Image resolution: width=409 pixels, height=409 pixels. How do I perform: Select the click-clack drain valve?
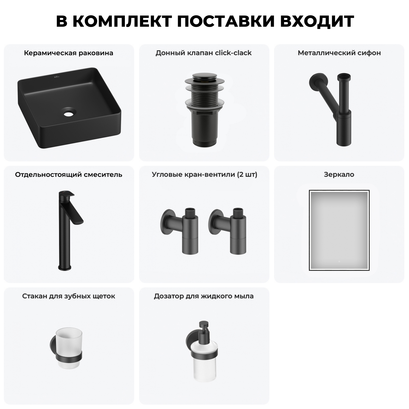click(x=204, y=109)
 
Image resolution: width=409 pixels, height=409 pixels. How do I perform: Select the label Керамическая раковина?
click(x=68, y=53)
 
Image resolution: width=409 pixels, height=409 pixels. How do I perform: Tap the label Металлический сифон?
click(x=339, y=53)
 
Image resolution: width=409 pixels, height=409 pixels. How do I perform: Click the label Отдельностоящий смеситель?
click(x=68, y=175)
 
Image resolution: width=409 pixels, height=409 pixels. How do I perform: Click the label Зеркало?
click(x=339, y=175)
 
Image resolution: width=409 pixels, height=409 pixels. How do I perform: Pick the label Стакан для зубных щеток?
click(x=68, y=296)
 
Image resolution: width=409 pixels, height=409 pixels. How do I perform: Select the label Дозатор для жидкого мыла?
click(x=204, y=296)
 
